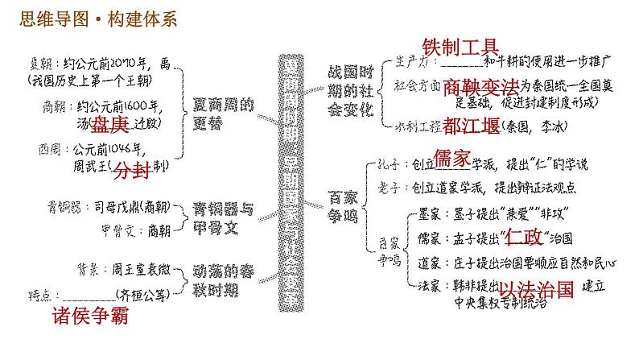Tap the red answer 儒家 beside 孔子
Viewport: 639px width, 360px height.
pyautogui.click(x=451, y=159)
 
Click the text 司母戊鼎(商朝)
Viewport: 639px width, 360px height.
pyautogui.click(x=130, y=206)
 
